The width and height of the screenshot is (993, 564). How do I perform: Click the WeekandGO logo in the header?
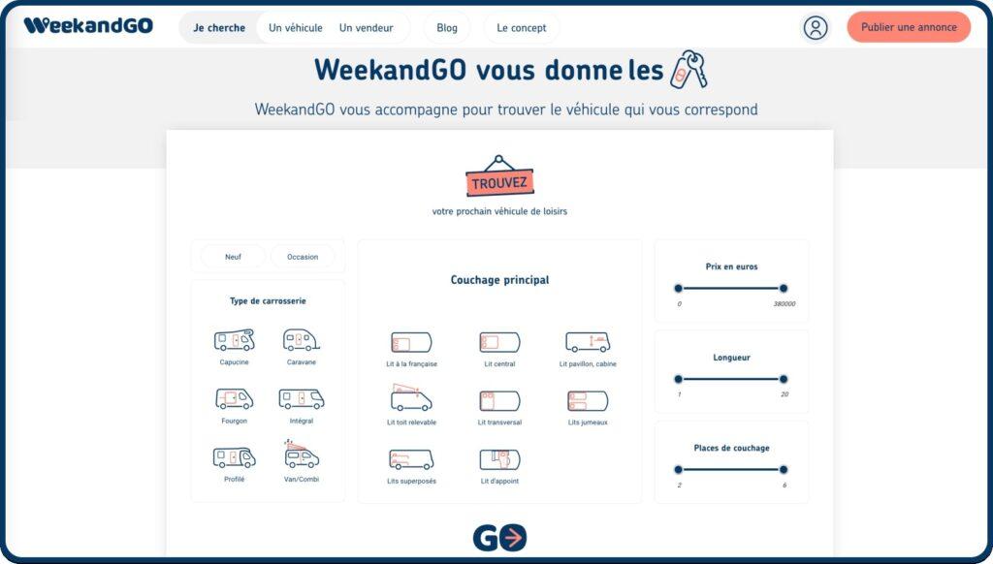[88, 26]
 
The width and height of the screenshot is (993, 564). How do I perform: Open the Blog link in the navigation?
[446, 28]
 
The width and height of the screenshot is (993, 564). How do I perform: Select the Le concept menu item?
[521, 28]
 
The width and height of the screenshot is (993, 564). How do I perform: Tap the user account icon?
[816, 28]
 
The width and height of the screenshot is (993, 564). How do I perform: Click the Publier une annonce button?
[909, 27]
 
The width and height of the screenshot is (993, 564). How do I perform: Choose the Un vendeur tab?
[366, 28]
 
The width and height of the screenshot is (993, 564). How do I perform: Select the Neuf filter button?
[233, 257]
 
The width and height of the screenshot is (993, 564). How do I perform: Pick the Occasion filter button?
[303, 257]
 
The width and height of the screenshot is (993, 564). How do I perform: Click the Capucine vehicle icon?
[235, 340]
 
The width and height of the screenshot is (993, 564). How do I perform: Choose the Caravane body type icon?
[302, 340]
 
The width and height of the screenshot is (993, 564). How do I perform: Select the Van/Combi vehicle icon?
[302, 454]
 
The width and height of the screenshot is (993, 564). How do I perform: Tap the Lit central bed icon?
[499, 342]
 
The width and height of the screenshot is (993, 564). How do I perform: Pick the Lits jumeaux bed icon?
[588, 401]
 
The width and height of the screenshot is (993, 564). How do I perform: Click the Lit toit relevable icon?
[411, 397]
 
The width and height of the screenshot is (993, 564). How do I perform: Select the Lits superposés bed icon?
[411, 459]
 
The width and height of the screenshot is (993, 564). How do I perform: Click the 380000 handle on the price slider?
[784, 289]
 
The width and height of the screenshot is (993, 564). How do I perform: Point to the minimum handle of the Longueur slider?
[678, 379]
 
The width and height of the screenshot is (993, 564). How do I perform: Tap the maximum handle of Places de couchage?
[784, 470]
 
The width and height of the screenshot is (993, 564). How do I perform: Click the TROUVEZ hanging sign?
[499, 176]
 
